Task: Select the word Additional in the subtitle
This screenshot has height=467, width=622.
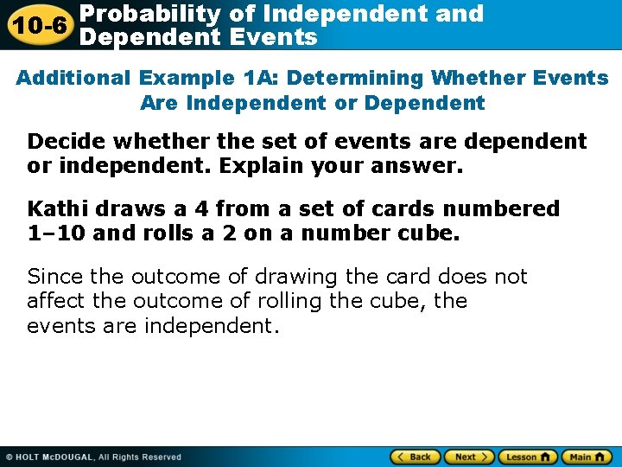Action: pyautogui.click(x=73, y=78)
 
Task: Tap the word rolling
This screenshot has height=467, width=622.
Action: pyautogui.click(x=296, y=301)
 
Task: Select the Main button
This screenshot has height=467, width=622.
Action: pyautogui.click(x=587, y=457)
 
